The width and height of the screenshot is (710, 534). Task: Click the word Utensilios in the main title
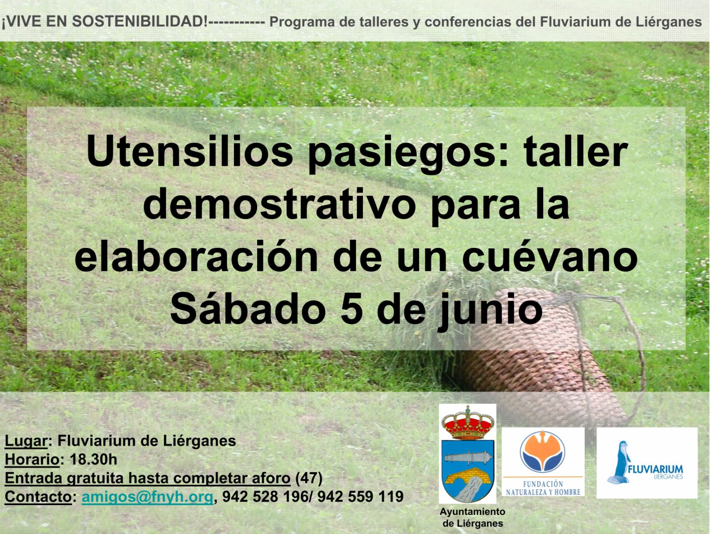[190, 152]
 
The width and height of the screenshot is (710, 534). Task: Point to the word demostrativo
[279, 205]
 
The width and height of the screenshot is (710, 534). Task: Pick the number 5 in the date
[351, 309]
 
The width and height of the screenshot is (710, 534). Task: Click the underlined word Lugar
[26, 441]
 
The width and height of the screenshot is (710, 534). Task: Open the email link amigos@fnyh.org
[148, 497]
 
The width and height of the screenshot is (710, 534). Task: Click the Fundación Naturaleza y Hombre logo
[543, 461]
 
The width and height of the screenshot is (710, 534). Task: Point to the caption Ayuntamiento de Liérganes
[472, 518]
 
